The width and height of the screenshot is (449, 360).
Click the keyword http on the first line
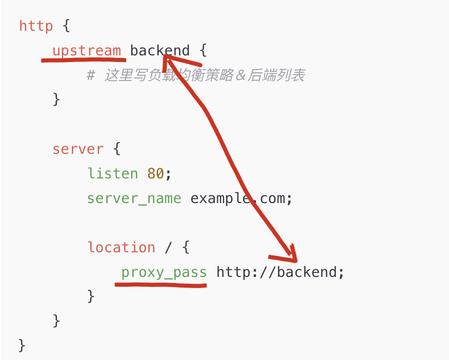(36, 26)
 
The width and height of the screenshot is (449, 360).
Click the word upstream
(87, 51)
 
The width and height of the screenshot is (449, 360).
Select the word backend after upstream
(159, 51)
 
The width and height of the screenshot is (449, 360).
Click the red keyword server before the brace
(78, 149)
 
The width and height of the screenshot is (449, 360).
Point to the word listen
(112, 174)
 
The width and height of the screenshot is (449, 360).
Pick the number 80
(155, 174)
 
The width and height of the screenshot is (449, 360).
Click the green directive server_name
(134, 198)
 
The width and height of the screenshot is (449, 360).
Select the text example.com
(241, 198)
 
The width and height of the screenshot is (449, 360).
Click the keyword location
(121, 248)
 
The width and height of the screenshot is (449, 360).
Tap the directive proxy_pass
(164, 272)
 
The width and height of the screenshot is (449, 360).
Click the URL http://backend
(277, 272)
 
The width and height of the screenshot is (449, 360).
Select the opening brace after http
(65, 26)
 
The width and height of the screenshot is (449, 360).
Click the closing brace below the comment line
(56, 99)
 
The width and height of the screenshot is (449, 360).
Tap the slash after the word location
(168, 248)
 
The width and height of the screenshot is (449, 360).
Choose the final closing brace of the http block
(22, 345)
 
